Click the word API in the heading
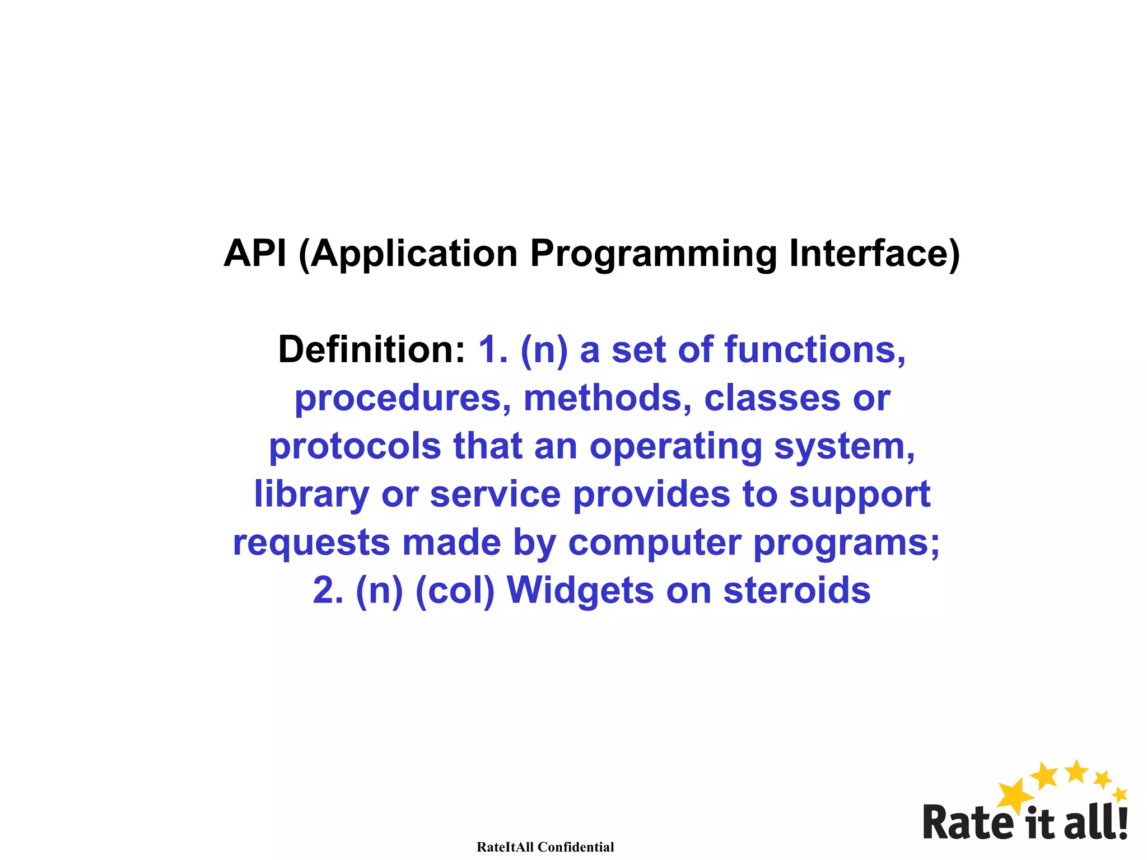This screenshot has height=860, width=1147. (255, 254)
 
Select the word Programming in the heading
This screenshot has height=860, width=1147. (653, 255)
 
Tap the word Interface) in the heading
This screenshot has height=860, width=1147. (874, 254)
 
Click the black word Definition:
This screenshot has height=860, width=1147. (371, 350)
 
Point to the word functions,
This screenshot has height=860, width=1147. (815, 350)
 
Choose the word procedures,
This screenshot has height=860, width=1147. (403, 399)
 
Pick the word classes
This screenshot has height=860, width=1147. (772, 398)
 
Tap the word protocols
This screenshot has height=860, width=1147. (355, 447)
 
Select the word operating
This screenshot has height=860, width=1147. (675, 447)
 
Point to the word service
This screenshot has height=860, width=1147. (495, 495)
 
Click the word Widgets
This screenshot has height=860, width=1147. (580, 591)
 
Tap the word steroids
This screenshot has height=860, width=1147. (797, 591)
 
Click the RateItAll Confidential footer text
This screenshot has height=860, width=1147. (545, 847)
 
